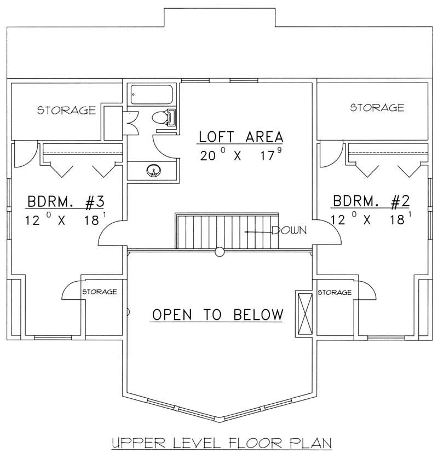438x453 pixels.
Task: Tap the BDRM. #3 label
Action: tap(65, 202)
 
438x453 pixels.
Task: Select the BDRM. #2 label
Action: tap(371, 202)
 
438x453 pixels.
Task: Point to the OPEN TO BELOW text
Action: tap(218, 315)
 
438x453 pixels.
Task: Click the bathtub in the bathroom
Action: tap(152, 94)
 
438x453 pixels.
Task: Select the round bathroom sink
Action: tap(154, 171)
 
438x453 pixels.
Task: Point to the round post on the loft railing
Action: tap(220, 252)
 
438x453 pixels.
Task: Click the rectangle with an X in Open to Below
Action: tap(303, 312)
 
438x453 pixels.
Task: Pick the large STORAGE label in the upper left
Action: tap(66, 111)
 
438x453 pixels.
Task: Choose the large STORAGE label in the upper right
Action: tap(377, 107)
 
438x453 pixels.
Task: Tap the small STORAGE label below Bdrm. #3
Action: tap(99, 292)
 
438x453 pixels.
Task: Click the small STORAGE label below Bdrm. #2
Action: tap(334, 293)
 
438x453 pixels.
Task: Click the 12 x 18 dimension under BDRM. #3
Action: tap(65, 220)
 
